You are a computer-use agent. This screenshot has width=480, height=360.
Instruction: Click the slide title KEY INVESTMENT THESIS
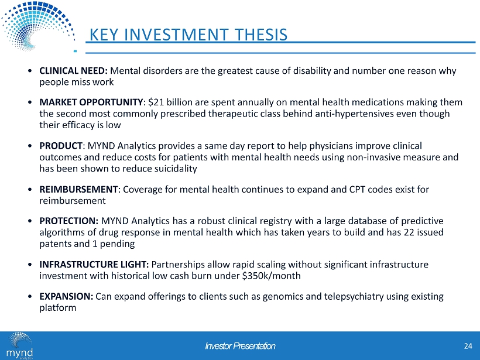pos(187,35)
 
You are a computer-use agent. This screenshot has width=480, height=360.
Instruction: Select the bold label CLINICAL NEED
pos(73,71)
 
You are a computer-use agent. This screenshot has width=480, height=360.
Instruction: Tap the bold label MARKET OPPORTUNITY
pos(91,102)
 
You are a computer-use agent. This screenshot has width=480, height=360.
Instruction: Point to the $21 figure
pos(155,102)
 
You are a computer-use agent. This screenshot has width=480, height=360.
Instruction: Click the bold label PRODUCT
pos(61,145)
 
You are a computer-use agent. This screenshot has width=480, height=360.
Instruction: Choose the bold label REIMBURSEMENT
pos(78,189)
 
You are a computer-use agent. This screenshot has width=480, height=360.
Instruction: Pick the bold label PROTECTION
pos(68,221)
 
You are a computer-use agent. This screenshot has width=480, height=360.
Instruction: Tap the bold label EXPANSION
pos(66,296)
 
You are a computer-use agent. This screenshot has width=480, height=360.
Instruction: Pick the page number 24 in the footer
pos(467,346)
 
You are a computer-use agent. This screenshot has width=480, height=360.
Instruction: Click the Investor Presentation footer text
pos(240,347)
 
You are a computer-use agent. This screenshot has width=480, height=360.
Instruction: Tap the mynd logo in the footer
pos(20,347)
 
